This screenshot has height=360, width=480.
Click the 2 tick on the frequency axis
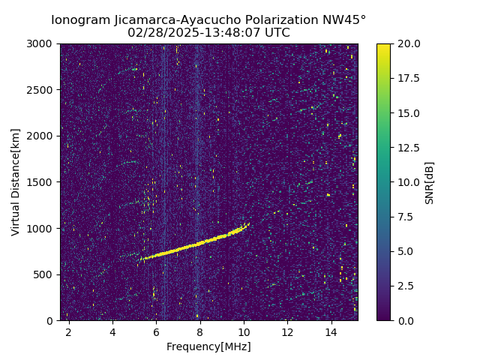[68, 331]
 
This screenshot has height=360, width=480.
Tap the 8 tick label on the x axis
[199, 331]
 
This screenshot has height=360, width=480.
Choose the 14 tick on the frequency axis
[331, 331]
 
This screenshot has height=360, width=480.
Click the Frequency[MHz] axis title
[208, 346]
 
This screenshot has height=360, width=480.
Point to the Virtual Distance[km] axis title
[15, 182]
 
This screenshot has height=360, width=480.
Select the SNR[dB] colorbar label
[430, 182]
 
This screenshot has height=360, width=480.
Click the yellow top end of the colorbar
[383, 46]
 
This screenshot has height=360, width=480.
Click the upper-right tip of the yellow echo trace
[248, 223]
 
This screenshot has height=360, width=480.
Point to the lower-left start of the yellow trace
[139, 260]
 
